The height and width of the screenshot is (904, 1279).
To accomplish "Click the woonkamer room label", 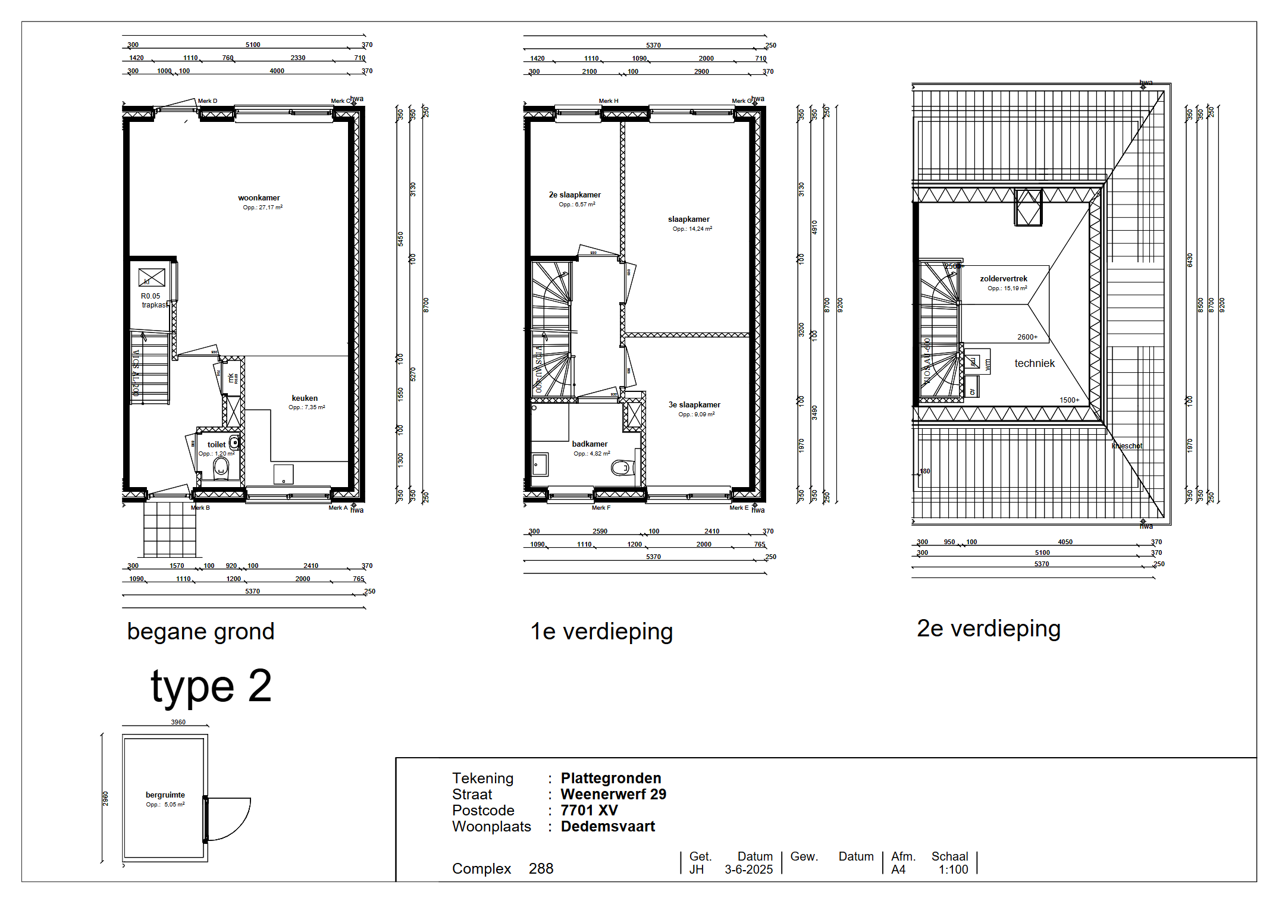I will point(259,198).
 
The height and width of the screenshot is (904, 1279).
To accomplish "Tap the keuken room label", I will point(305,398).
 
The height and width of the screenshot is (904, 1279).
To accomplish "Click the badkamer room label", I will point(590,444).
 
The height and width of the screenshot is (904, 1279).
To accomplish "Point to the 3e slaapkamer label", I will point(694,405).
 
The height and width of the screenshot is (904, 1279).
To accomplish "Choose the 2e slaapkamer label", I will point(575,195).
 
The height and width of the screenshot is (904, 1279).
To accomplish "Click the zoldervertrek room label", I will point(1004,279).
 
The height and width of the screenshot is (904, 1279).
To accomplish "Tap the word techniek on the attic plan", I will point(1035,363).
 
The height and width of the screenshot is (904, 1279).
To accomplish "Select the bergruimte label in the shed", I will point(165,795).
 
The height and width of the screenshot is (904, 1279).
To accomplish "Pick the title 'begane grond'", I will point(200,632).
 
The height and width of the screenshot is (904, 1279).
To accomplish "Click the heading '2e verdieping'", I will point(988,629).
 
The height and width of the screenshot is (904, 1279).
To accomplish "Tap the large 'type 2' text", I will point(211,686).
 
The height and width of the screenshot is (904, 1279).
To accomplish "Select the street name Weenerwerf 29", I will point(613,795).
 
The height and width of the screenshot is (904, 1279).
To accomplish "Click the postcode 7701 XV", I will point(589,811).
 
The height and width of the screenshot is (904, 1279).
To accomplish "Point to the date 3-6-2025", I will point(748,870).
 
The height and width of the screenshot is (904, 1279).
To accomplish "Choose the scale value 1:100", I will point(953,870).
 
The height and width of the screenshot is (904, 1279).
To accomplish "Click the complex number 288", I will point(541,869).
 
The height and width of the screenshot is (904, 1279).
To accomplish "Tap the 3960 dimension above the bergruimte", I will point(178,722).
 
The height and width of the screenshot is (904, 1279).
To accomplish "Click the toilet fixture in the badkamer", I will point(622,468).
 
